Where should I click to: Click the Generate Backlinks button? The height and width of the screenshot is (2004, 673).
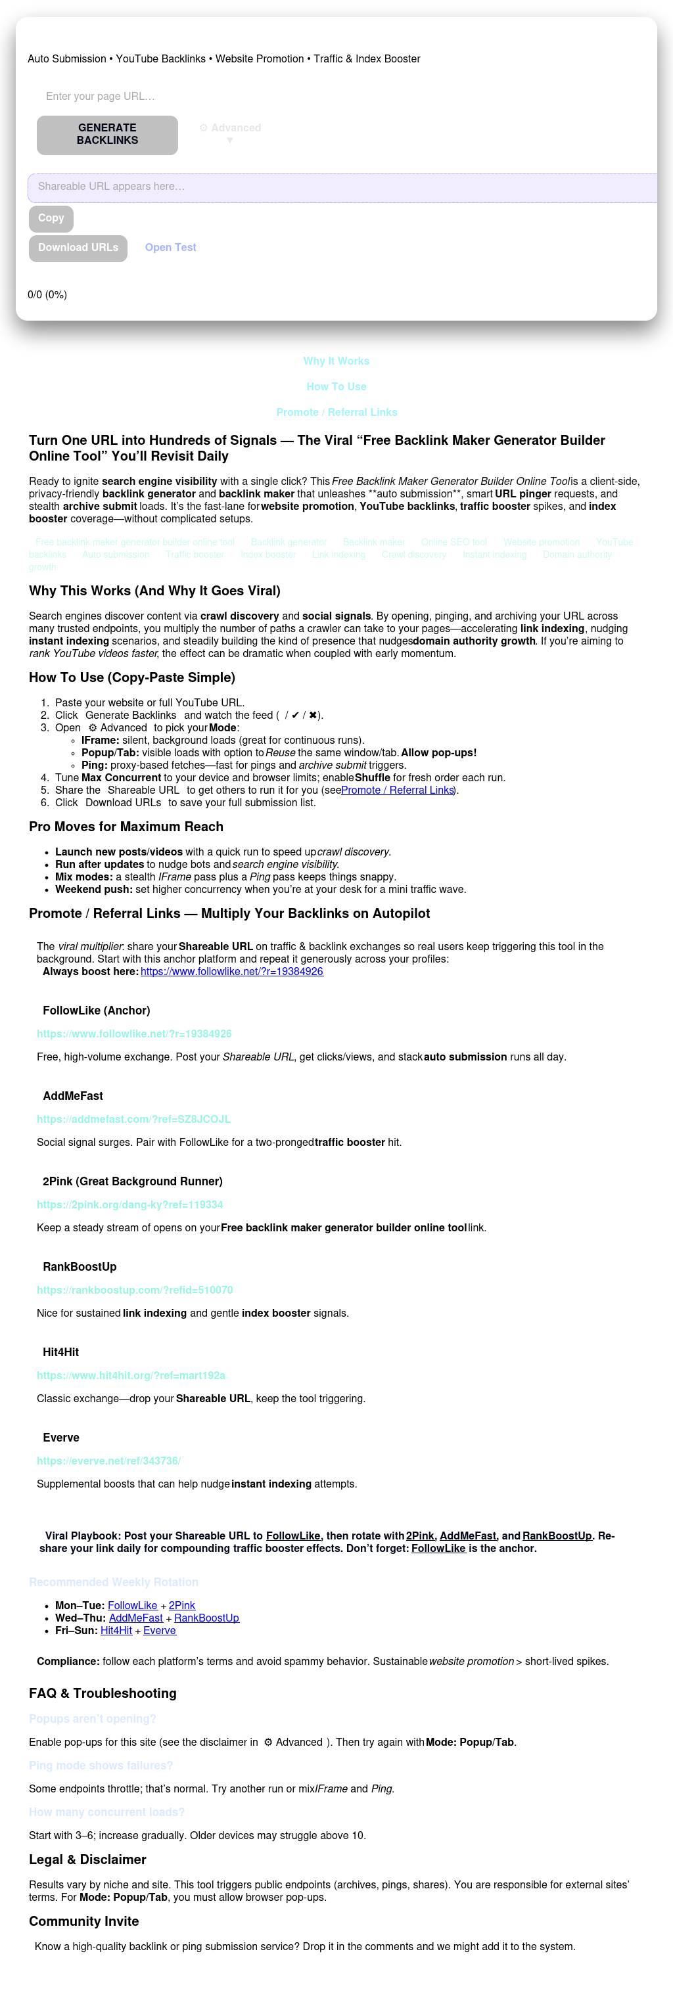point(107,135)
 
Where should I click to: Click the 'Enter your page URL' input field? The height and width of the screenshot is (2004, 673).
point(233,97)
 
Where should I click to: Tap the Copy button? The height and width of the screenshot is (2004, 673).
point(51,219)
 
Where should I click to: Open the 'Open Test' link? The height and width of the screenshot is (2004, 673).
point(170,248)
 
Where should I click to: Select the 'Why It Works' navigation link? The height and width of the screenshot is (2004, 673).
point(336,361)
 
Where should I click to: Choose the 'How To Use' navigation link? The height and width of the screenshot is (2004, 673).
point(336,386)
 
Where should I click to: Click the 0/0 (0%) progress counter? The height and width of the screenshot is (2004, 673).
point(47,295)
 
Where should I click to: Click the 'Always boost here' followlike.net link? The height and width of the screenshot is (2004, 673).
point(232,972)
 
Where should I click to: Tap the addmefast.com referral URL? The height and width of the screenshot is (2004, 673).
point(134,1120)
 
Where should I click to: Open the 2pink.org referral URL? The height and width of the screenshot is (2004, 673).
point(130,1205)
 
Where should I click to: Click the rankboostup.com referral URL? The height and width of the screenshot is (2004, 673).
point(135,1290)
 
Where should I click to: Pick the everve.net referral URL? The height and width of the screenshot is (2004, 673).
point(109,1461)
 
